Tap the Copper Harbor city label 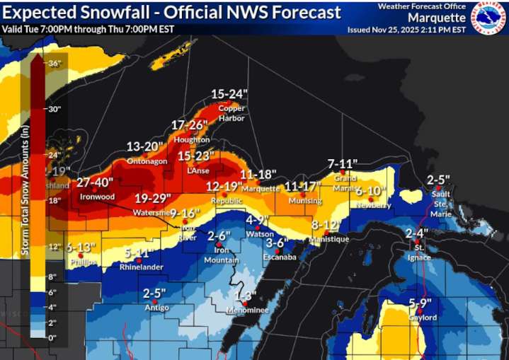click(x=231, y=113)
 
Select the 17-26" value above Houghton click(x=190, y=125)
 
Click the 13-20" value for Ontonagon click(x=145, y=147)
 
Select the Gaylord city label click(x=423, y=318)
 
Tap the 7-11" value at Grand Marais click(x=343, y=164)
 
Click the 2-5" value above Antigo click(x=154, y=293)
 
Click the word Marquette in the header click(x=437, y=18)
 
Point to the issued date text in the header click(x=406, y=30)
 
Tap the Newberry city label click(x=374, y=205)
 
